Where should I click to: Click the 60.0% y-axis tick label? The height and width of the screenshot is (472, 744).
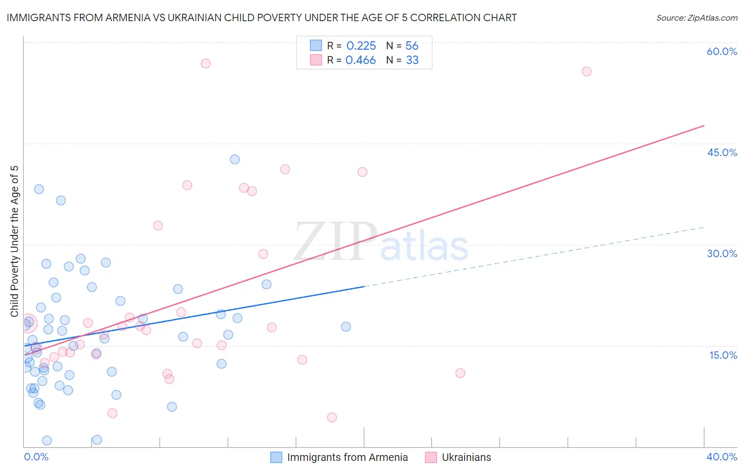click(x=722, y=52)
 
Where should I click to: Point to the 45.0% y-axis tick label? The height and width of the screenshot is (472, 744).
click(x=722, y=152)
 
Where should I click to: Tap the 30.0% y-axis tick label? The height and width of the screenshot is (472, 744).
click(x=722, y=253)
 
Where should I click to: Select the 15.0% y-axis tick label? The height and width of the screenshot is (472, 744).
click(x=723, y=355)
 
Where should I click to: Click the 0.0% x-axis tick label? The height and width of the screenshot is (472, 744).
click(x=36, y=457)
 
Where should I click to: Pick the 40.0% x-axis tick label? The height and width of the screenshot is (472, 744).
click(x=722, y=457)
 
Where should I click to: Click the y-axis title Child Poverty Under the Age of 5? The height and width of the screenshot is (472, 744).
click(x=15, y=241)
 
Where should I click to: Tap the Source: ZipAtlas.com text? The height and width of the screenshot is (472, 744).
click(x=696, y=18)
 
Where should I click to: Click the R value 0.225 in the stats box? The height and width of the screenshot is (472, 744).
click(x=361, y=46)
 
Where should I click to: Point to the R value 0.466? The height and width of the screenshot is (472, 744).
click(x=360, y=60)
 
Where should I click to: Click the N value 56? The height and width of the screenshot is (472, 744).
click(x=412, y=46)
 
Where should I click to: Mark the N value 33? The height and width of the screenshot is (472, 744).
click(x=412, y=60)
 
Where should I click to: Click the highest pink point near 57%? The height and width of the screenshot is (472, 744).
click(x=206, y=63)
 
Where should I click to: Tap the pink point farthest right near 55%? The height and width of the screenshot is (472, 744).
click(x=586, y=71)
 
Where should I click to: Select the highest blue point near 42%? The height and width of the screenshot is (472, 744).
click(x=235, y=159)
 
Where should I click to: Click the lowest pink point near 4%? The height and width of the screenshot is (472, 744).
click(x=332, y=417)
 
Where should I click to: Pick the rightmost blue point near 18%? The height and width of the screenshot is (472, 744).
click(x=346, y=326)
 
